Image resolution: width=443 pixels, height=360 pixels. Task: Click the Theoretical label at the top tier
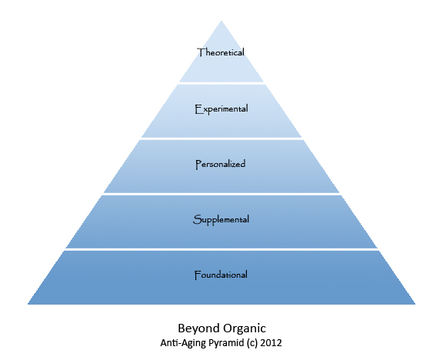click(x=221, y=52)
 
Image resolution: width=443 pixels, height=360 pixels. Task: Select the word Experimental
click(x=221, y=109)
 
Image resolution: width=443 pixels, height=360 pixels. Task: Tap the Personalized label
click(x=221, y=164)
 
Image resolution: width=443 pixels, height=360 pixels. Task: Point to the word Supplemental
click(x=221, y=220)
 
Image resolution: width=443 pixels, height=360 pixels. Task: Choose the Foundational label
click(x=221, y=275)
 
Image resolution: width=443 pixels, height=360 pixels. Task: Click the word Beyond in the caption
click(x=199, y=328)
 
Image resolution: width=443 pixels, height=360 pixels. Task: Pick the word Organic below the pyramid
click(x=245, y=328)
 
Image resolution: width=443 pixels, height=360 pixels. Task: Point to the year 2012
click(x=271, y=343)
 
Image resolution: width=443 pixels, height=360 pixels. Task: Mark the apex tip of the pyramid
click(x=221, y=21)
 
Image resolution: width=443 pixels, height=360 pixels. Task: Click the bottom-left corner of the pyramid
click(x=28, y=304)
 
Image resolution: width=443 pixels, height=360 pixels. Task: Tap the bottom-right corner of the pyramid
click(x=415, y=304)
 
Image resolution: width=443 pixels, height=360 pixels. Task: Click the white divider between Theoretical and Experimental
click(x=221, y=83)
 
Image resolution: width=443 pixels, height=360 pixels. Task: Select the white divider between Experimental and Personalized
click(x=221, y=138)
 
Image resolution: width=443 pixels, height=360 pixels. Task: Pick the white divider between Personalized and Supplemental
click(x=221, y=194)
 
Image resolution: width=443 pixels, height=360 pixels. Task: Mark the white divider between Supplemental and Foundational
click(x=221, y=249)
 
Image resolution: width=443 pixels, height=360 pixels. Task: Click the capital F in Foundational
click(x=198, y=275)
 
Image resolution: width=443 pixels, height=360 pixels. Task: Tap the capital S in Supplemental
click(x=197, y=219)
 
